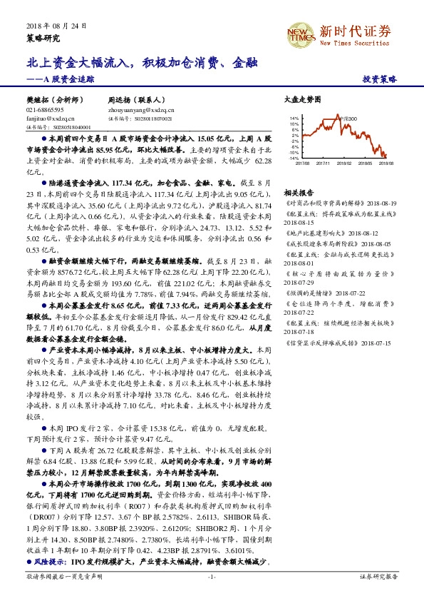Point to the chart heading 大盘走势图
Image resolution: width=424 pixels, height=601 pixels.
[298, 101]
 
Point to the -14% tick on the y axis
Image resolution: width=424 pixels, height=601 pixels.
[294, 158]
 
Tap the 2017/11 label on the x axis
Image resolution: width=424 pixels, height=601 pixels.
[324, 163]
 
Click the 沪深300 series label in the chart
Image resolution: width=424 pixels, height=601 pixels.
[348, 118]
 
